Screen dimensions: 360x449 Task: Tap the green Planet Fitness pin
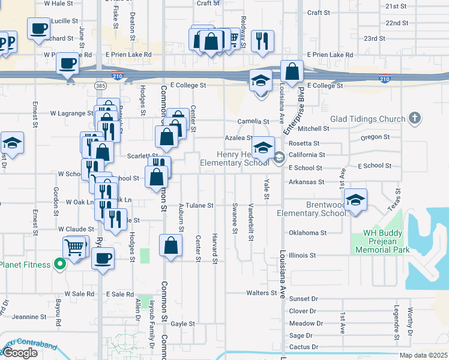click(59, 263)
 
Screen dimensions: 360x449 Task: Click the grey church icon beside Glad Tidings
click(414, 119)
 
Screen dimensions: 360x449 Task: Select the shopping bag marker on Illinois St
click(171, 245)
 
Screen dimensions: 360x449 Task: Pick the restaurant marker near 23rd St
click(262, 41)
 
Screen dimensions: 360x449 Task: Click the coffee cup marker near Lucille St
click(38, 28)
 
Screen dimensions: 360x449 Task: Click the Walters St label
click(261, 293)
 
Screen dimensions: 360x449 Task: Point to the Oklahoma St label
click(307, 233)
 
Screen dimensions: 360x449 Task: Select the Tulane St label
click(202, 206)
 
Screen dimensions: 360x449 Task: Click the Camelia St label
click(251, 121)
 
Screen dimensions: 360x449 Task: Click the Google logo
click(20, 353)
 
